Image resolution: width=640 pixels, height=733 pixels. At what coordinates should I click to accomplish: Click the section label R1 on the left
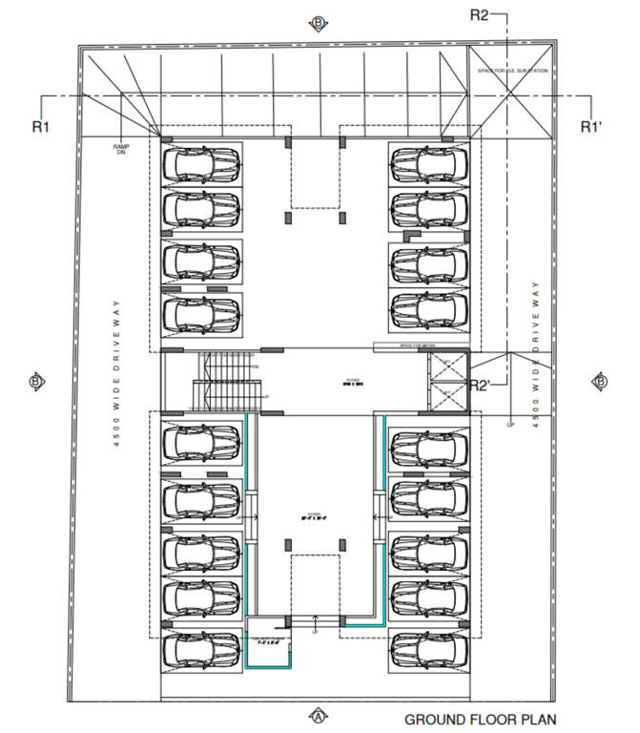39,125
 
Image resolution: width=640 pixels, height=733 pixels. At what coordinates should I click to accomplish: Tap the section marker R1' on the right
591,126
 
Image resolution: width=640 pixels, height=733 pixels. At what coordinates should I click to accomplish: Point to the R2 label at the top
479,14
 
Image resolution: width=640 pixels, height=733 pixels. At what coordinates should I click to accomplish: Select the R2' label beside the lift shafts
480,385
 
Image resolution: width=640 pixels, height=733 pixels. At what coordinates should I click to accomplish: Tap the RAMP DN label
121,149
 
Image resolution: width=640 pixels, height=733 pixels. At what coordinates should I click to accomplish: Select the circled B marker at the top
319,23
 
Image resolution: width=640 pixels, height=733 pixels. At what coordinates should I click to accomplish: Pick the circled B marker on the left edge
35,382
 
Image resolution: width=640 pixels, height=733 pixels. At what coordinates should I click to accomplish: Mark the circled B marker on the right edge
601,382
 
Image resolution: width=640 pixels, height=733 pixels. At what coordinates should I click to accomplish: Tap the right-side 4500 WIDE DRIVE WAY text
537,353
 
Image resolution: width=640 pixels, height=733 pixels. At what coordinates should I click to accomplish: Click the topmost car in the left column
201,164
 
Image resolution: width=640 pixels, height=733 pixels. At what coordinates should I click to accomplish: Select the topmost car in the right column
428,164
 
